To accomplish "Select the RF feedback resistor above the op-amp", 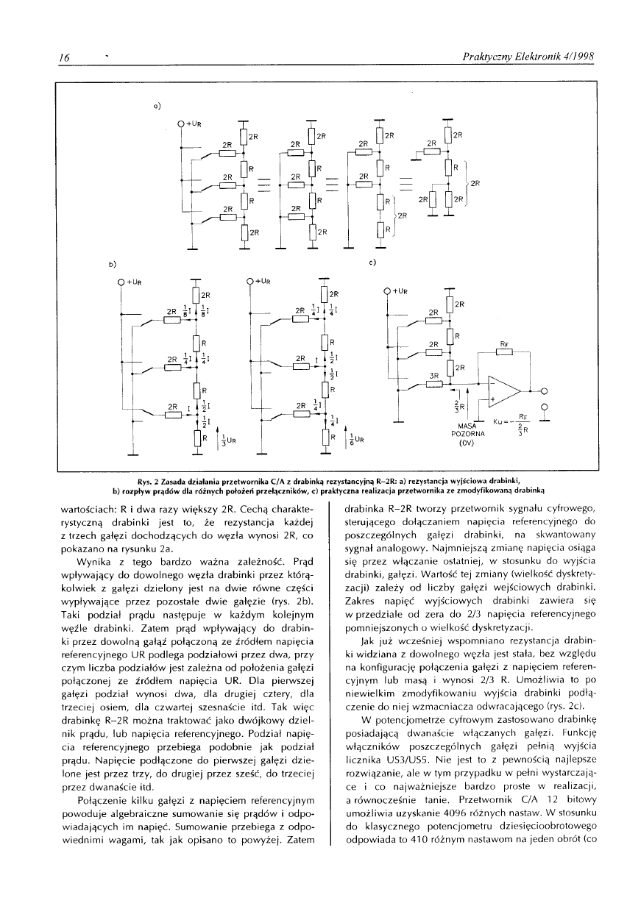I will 504,352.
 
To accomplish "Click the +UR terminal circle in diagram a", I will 182,122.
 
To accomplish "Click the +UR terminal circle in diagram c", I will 387,291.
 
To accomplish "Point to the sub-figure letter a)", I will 157,104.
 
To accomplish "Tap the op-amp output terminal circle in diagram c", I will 544,390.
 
